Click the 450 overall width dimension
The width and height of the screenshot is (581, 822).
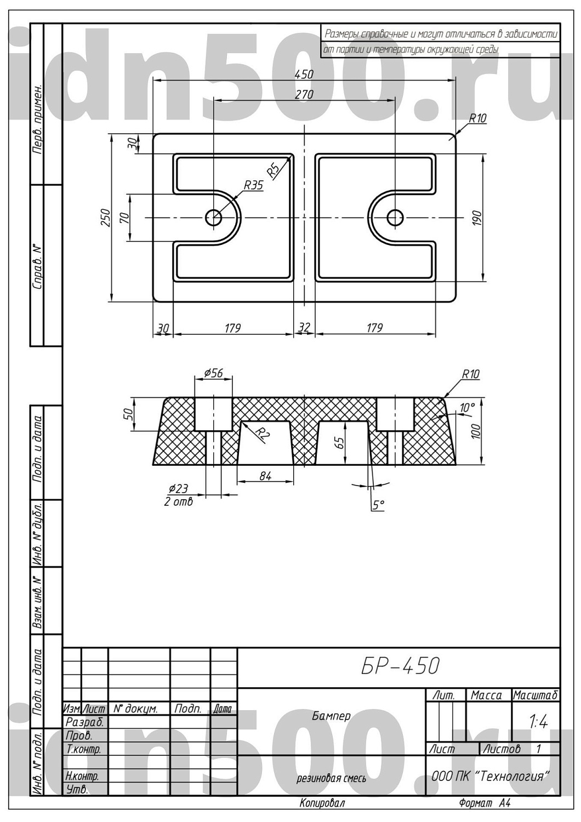coord(304,75)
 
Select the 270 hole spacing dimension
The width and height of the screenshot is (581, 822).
coord(304,94)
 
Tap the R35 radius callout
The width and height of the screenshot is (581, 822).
coord(254,185)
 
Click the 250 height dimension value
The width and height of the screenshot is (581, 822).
coord(106,218)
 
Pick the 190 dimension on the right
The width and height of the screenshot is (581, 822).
coord(477,219)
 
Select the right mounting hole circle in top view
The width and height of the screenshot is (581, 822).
coord(395,218)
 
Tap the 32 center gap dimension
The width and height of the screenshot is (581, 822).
coord(304,327)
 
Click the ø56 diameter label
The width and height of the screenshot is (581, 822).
coord(213,373)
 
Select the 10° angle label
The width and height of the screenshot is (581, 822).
coord(467,408)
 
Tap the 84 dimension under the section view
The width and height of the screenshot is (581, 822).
coord(265,476)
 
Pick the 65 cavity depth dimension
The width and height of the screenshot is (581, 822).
coord(340,443)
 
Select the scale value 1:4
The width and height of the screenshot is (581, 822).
coord(538,723)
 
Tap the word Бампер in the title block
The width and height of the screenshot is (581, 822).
coord(332,716)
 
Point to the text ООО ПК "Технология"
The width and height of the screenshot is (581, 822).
coord(491,777)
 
